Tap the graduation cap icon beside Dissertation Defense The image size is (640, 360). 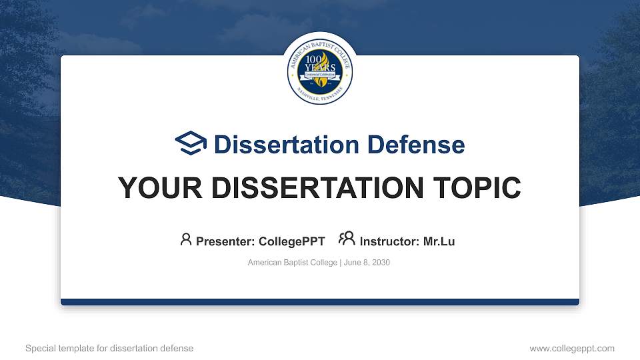[x=191, y=143]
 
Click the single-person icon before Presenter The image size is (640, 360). [x=186, y=239]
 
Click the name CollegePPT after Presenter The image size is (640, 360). [x=291, y=241]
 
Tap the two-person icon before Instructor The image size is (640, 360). [x=347, y=239]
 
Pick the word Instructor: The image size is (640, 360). [x=390, y=241]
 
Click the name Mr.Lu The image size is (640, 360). [x=439, y=241]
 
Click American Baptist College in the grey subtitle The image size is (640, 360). [x=293, y=263]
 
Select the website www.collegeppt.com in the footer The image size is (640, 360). [x=572, y=348]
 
